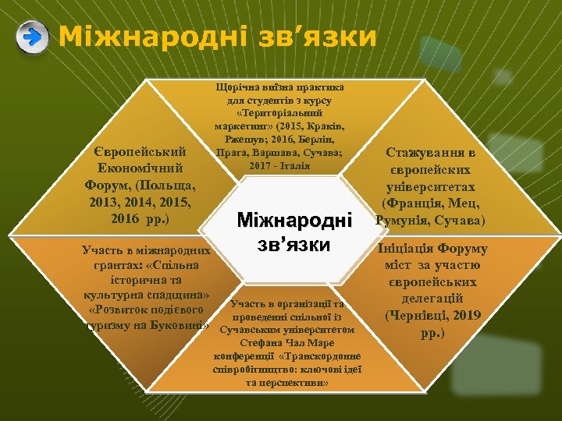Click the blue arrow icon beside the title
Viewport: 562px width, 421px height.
[x=31, y=38]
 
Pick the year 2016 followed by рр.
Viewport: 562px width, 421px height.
[x=129, y=219]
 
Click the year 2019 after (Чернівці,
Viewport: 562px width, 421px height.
[x=464, y=316]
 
